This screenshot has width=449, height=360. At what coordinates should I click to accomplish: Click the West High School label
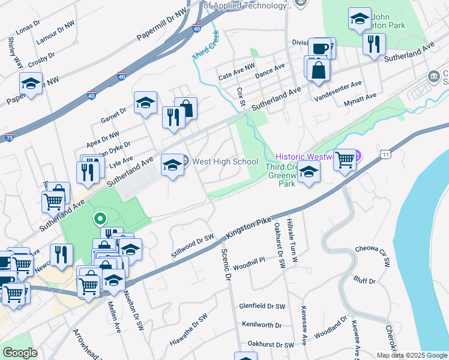(225, 161)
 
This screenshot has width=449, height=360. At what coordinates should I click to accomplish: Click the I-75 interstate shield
(9, 137)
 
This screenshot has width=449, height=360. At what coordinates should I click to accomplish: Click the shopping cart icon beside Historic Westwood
(345, 160)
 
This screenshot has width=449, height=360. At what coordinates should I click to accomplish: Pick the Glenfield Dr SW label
(262, 306)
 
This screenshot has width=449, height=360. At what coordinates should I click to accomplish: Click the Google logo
(20, 353)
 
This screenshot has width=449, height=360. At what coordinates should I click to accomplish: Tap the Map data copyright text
(412, 355)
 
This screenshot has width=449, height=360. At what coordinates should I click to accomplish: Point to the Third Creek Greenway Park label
(287, 174)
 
